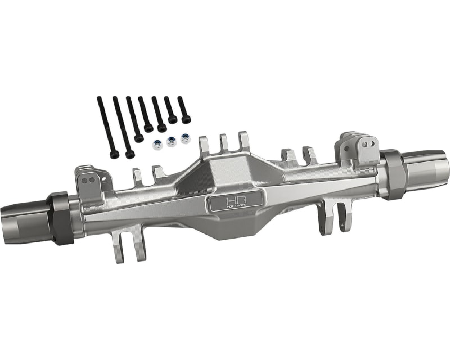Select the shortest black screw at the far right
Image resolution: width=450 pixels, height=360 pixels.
coord(183,110)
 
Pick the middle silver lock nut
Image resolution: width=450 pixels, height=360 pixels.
coord(171,141)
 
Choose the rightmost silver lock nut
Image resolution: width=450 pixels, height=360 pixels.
coord(185,138)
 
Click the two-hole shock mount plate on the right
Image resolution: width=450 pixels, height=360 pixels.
coord(363,147)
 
